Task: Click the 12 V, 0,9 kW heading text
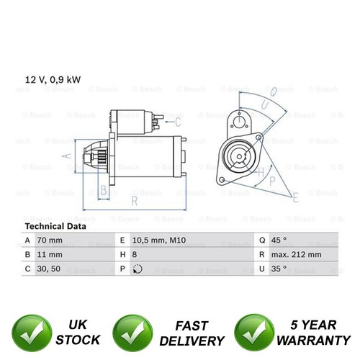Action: [53, 80]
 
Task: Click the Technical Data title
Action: [55, 226]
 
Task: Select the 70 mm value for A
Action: [50, 240]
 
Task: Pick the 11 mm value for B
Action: [50, 254]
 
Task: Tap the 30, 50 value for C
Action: [49, 269]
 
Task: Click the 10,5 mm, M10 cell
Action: [159, 240]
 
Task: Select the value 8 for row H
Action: [135, 254]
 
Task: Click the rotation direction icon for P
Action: [138, 269]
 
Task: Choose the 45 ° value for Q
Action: [279, 240]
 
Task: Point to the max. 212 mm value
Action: [297, 254]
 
